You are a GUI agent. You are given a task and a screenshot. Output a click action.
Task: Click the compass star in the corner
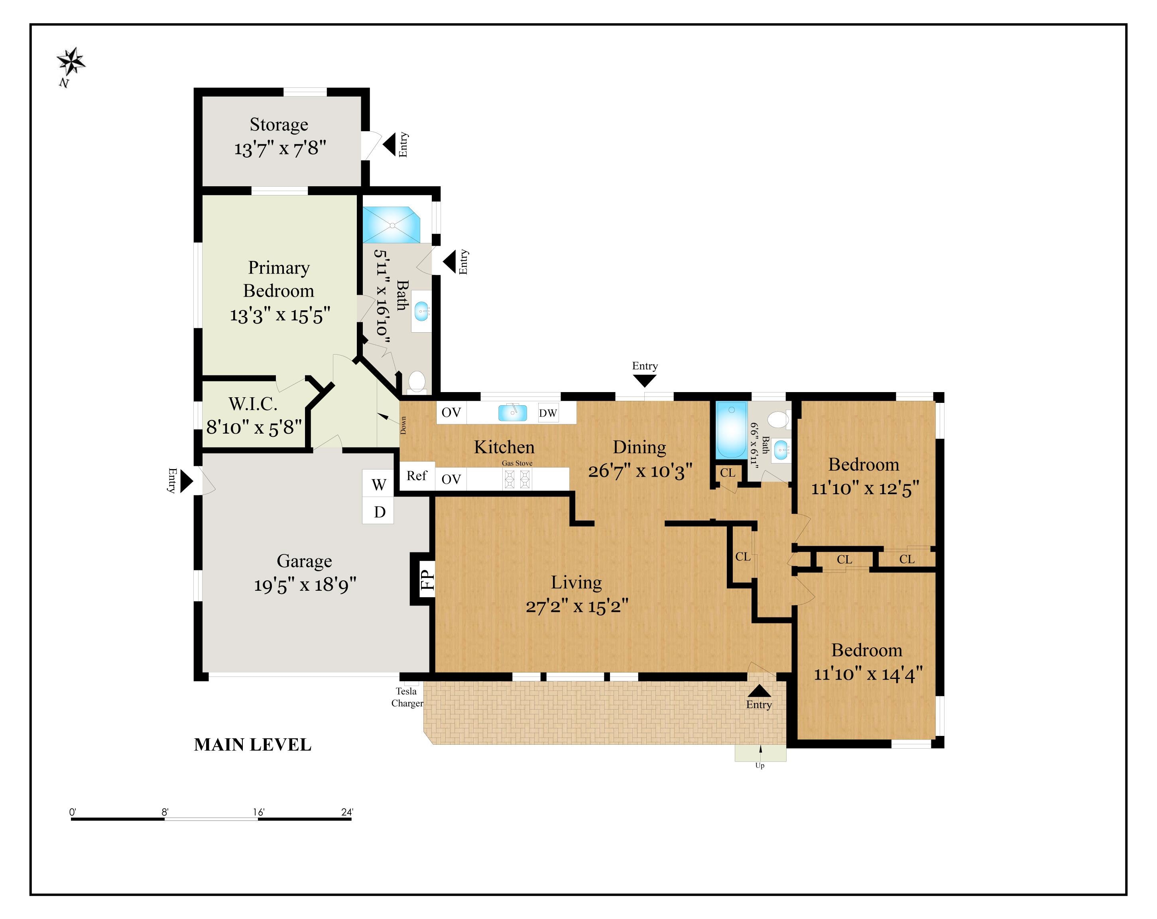(71, 62)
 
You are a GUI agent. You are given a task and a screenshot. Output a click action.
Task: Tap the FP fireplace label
(427, 579)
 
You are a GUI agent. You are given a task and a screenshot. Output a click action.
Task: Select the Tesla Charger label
(407, 697)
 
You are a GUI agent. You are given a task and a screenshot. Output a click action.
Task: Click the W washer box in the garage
(378, 484)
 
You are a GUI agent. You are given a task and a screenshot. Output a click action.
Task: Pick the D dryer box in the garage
(379, 512)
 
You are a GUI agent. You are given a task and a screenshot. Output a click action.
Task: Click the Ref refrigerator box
(417, 475)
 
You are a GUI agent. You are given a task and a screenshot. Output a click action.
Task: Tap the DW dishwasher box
(548, 413)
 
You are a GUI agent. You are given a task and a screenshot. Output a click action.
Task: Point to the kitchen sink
(512, 412)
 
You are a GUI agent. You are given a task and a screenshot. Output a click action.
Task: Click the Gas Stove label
(517, 463)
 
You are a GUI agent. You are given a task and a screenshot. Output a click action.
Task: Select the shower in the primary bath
(391, 225)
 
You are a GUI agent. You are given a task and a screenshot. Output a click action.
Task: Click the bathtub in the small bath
(731, 430)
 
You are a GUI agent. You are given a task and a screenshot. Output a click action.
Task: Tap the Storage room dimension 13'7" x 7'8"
(279, 148)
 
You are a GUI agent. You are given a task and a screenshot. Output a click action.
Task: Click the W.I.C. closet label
(253, 404)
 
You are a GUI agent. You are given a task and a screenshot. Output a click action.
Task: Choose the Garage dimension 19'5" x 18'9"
(305, 585)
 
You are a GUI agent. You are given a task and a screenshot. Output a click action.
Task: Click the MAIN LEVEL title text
(252, 745)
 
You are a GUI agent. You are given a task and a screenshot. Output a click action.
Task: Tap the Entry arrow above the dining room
(645, 381)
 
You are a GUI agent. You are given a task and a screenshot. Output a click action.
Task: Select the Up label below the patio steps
(760, 765)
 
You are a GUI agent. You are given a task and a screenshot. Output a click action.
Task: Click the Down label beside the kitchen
(403, 425)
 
